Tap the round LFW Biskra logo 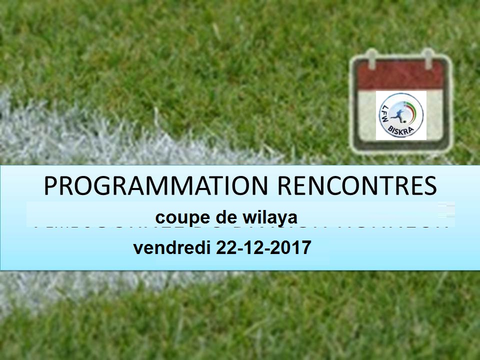pos(401,115)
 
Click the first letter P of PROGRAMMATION pos(50,185)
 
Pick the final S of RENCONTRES pos(430,185)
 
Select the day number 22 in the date pos(225,248)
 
